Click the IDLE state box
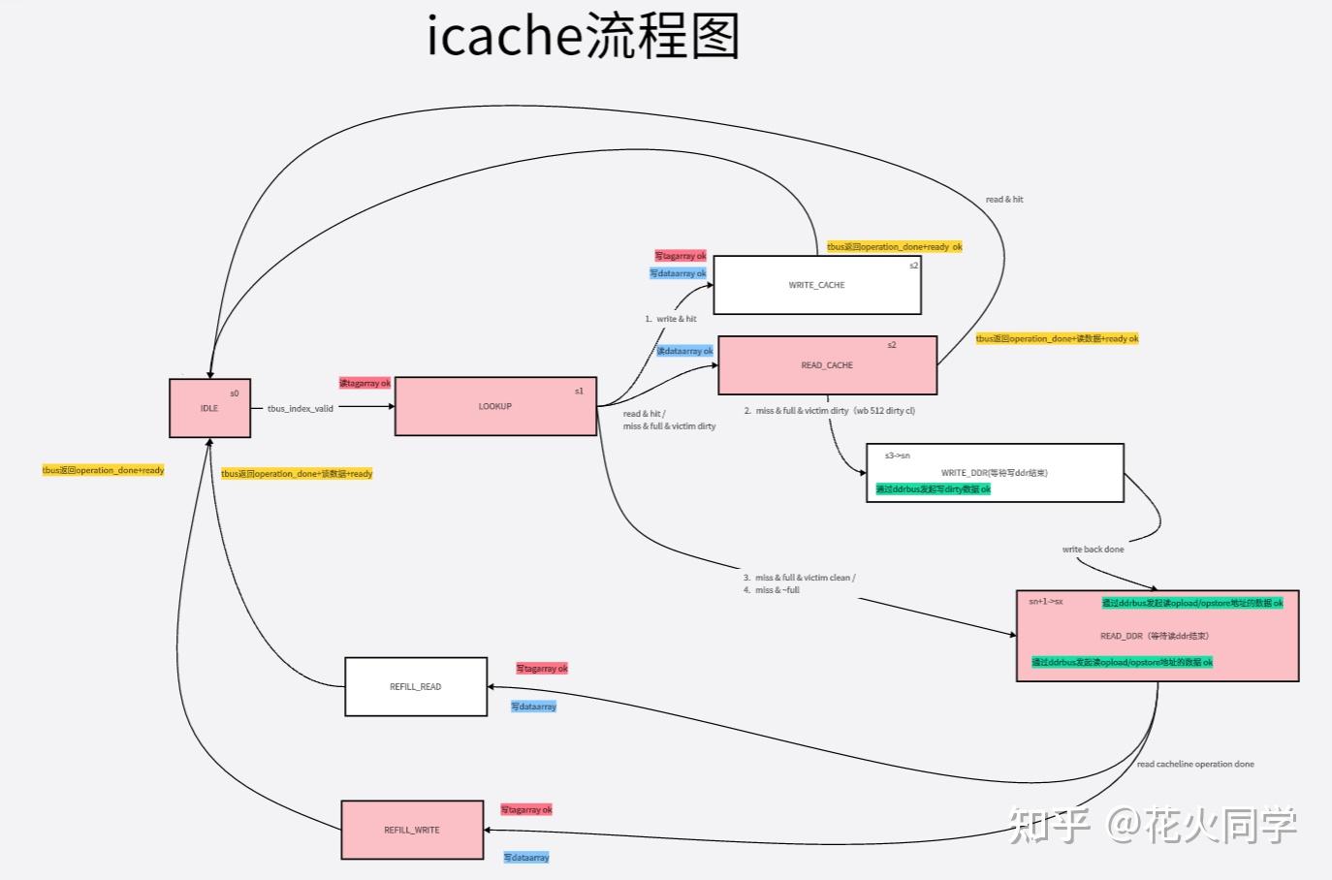[x=209, y=408]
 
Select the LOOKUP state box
[x=495, y=406]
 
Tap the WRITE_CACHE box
[x=816, y=285]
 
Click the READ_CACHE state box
[x=827, y=365]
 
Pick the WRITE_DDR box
[x=994, y=473]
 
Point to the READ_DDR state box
[x=1156, y=636]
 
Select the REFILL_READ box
[x=415, y=686]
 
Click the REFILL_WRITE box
[x=412, y=830]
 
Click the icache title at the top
[x=584, y=37]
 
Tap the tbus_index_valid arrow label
[x=300, y=409]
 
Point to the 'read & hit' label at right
[x=1004, y=200]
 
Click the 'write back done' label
[x=1093, y=550]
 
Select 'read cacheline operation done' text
[x=1194, y=765]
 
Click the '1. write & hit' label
[x=671, y=319]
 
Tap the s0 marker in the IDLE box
[x=234, y=393]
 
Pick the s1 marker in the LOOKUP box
[x=579, y=392]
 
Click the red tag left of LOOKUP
[x=365, y=384]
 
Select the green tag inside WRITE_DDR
[x=933, y=489]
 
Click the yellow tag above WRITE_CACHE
[x=894, y=247]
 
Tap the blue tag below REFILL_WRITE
[x=526, y=858]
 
